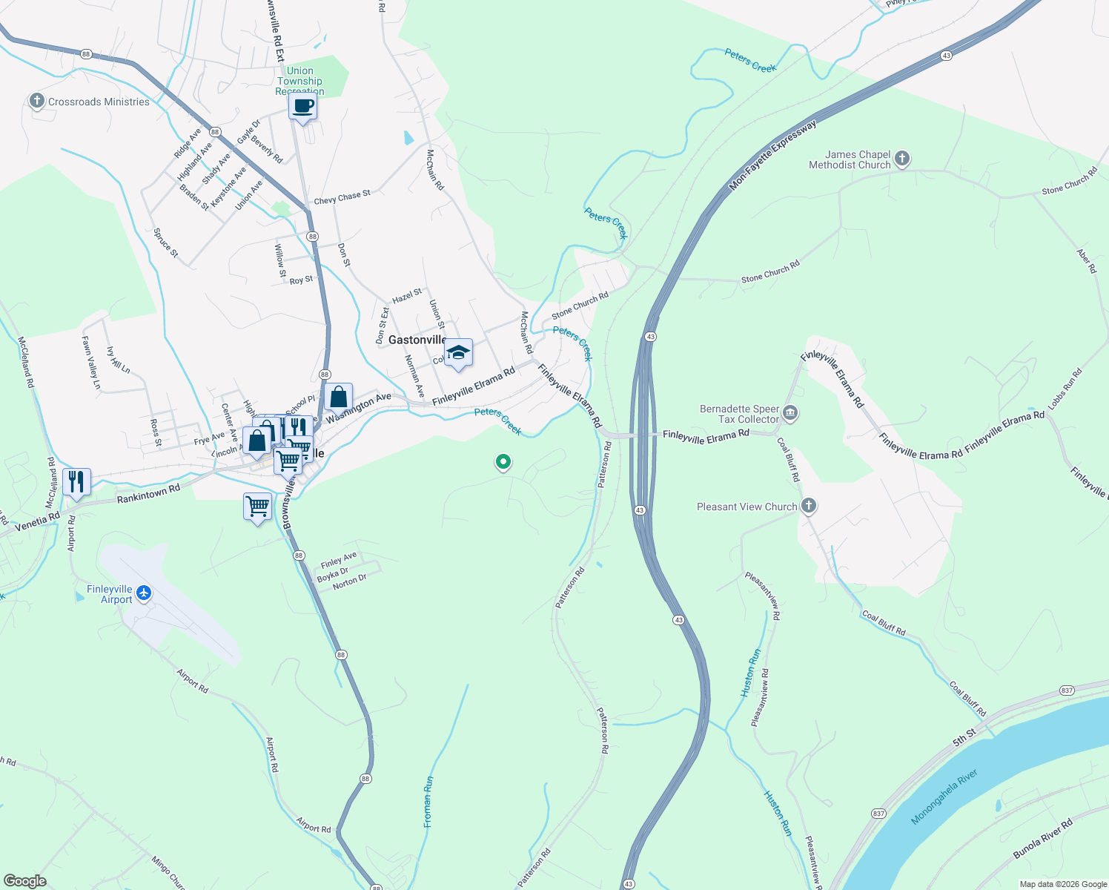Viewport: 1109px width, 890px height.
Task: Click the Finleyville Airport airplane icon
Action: tap(144, 593)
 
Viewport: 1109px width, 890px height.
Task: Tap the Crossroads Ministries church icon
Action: tap(36, 101)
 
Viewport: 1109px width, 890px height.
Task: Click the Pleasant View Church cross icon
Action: tap(809, 506)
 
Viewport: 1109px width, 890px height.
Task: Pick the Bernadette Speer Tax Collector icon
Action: tap(790, 412)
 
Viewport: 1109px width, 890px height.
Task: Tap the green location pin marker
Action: tap(503, 463)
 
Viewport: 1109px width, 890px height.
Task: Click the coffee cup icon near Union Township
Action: tap(302, 106)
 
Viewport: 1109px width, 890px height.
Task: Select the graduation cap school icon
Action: tap(459, 352)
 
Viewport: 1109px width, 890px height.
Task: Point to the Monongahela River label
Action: tap(944, 797)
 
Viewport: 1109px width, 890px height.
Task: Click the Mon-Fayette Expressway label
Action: tap(772, 155)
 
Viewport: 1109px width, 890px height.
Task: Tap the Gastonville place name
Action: tap(417, 340)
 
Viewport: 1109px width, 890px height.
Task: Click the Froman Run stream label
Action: tap(428, 802)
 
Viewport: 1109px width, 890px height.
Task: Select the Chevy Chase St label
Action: tap(342, 197)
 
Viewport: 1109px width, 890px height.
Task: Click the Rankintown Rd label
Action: tap(148, 494)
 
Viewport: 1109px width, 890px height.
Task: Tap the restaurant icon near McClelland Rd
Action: tap(76, 482)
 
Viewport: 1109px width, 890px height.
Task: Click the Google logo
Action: tap(24, 880)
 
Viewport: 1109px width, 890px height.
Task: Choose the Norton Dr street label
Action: tap(349, 582)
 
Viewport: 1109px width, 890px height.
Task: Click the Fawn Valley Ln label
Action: tap(90, 363)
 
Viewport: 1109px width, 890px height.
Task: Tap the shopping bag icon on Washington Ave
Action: tap(338, 398)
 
